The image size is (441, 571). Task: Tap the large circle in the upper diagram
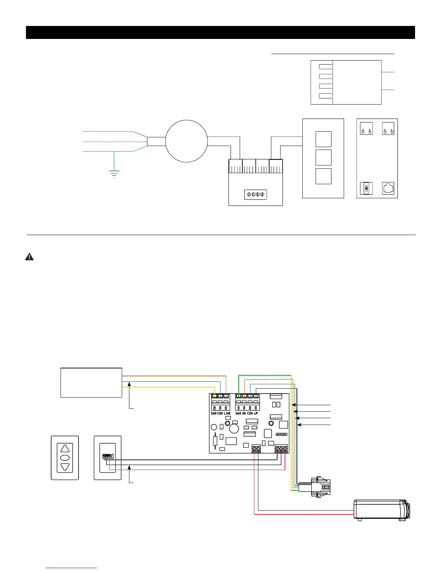pos(187,141)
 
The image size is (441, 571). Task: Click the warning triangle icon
pos(29,257)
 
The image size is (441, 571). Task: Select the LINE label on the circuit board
pos(227,413)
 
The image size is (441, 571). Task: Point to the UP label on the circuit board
pos(256,413)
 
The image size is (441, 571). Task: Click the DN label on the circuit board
pos(244,413)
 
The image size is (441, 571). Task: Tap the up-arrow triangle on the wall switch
pos(65,449)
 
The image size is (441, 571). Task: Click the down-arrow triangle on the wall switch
pos(65,467)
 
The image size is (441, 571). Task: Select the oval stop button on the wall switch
pos(65,458)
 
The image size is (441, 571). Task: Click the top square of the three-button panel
pos(323,139)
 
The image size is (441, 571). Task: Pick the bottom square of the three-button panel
pos(323,176)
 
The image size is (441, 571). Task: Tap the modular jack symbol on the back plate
pos(388,188)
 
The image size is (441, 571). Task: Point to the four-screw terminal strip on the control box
pos(255,195)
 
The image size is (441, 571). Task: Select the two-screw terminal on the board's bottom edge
pos(256,449)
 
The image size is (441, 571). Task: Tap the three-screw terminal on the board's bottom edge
pos(281,449)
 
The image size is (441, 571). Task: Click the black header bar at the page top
pos(220,32)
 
